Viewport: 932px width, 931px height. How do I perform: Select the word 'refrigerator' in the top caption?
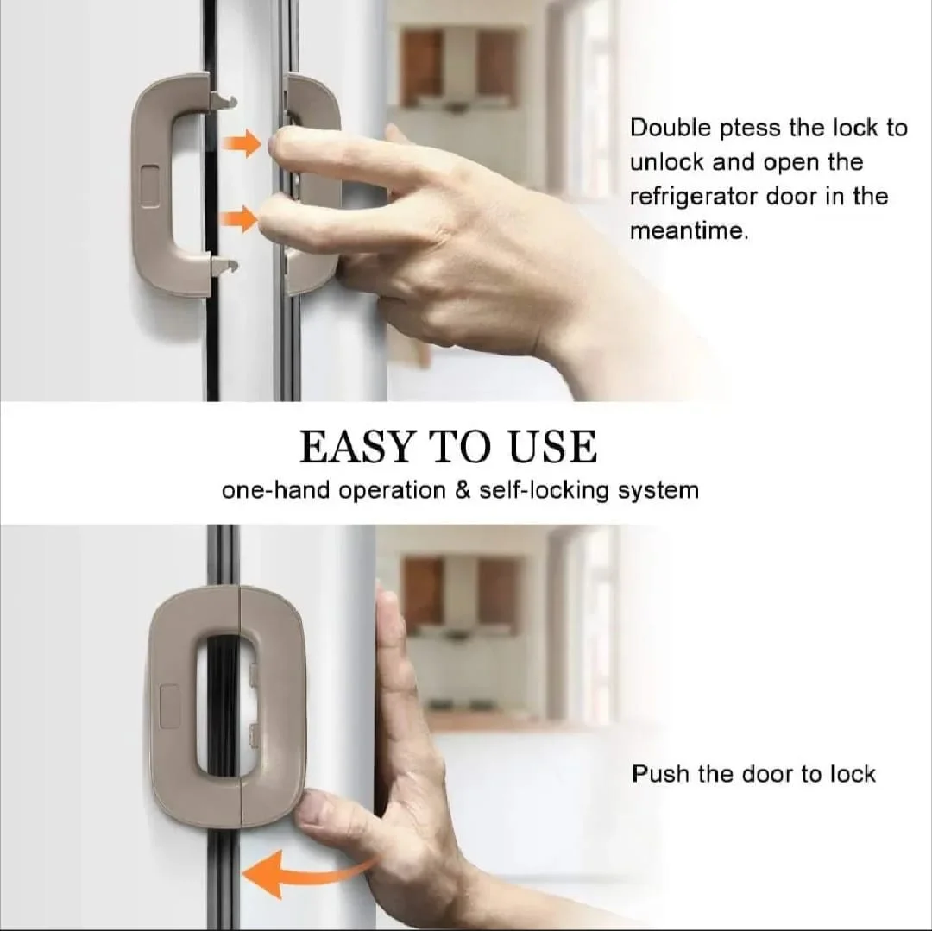(693, 198)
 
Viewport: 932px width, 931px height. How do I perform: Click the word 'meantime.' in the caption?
(689, 230)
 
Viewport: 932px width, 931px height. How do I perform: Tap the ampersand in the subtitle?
(462, 491)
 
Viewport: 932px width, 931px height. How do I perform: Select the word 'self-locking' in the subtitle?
(544, 492)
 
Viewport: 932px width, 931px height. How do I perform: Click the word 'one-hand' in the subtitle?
(275, 491)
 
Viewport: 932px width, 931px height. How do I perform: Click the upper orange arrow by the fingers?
(242, 144)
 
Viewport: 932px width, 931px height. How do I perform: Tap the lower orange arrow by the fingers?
(239, 219)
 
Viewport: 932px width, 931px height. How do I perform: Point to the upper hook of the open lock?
(223, 102)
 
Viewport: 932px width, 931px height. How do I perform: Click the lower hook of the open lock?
(224, 265)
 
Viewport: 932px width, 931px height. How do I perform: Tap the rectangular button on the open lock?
(150, 186)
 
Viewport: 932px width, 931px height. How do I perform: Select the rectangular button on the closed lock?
(170, 707)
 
